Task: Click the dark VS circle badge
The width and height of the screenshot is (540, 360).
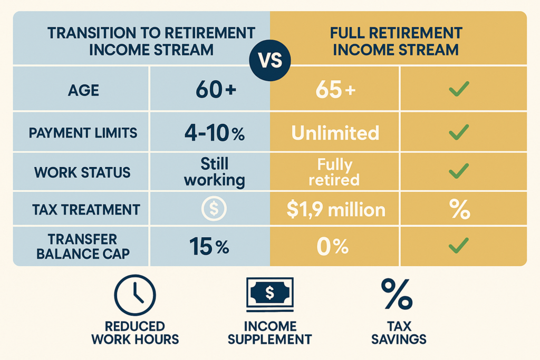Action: (x=270, y=60)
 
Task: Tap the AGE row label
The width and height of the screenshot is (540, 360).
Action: (x=83, y=91)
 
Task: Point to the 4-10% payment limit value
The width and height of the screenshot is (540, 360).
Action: (x=215, y=133)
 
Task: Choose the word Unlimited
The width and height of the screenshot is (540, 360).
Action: (x=335, y=133)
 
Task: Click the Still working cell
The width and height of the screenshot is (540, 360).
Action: (x=215, y=172)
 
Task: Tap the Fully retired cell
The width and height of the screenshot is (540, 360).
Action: (x=334, y=172)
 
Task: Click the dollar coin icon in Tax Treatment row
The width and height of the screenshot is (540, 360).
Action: (x=214, y=209)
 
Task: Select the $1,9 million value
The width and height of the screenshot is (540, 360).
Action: (x=336, y=210)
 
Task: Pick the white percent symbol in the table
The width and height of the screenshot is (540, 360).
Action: (x=460, y=209)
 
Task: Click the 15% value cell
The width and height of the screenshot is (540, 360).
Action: (x=209, y=247)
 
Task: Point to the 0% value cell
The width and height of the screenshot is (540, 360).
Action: (x=333, y=247)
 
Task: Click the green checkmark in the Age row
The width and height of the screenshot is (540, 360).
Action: (x=459, y=89)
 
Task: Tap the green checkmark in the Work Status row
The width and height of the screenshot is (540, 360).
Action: (x=459, y=171)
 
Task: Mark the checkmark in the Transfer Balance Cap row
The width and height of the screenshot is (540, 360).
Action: (x=459, y=246)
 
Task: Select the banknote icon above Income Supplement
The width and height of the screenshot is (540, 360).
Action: (x=270, y=294)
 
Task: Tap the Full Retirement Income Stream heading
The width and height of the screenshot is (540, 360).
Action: (x=396, y=41)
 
